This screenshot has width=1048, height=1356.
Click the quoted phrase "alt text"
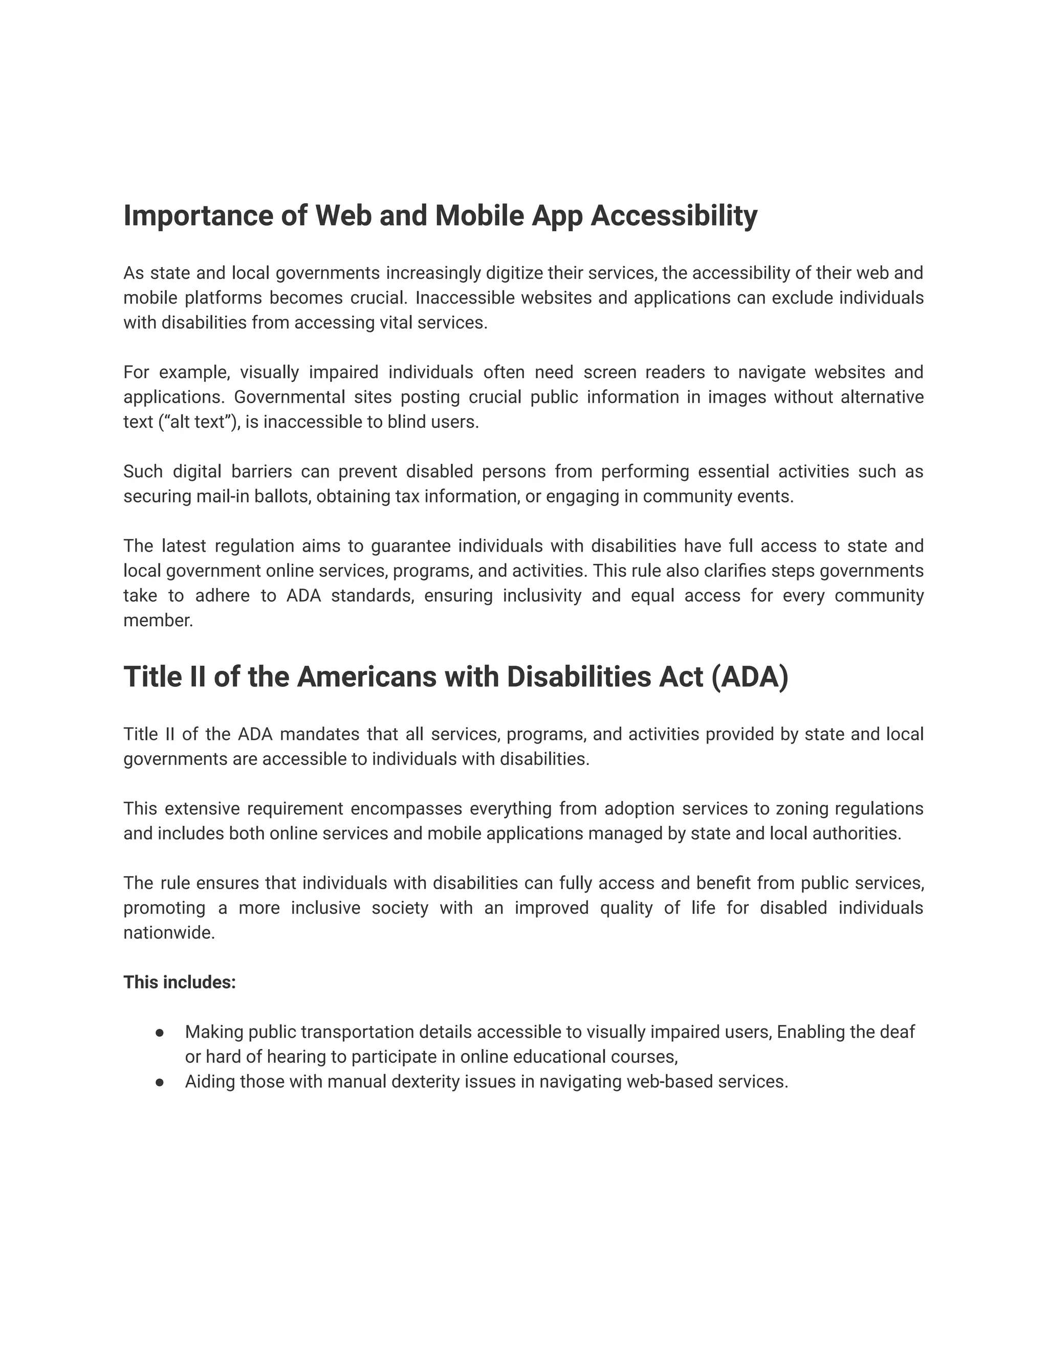click(x=198, y=422)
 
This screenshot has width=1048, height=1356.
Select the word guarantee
click(x=410, y=546)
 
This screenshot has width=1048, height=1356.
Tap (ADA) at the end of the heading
click(x=750, y=677)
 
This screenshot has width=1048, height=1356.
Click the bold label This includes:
click(x=180, y=983)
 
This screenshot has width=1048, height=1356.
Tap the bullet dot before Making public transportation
click(x=160, y=1033)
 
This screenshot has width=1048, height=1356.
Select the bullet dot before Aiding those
click(x=160, y=1082)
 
